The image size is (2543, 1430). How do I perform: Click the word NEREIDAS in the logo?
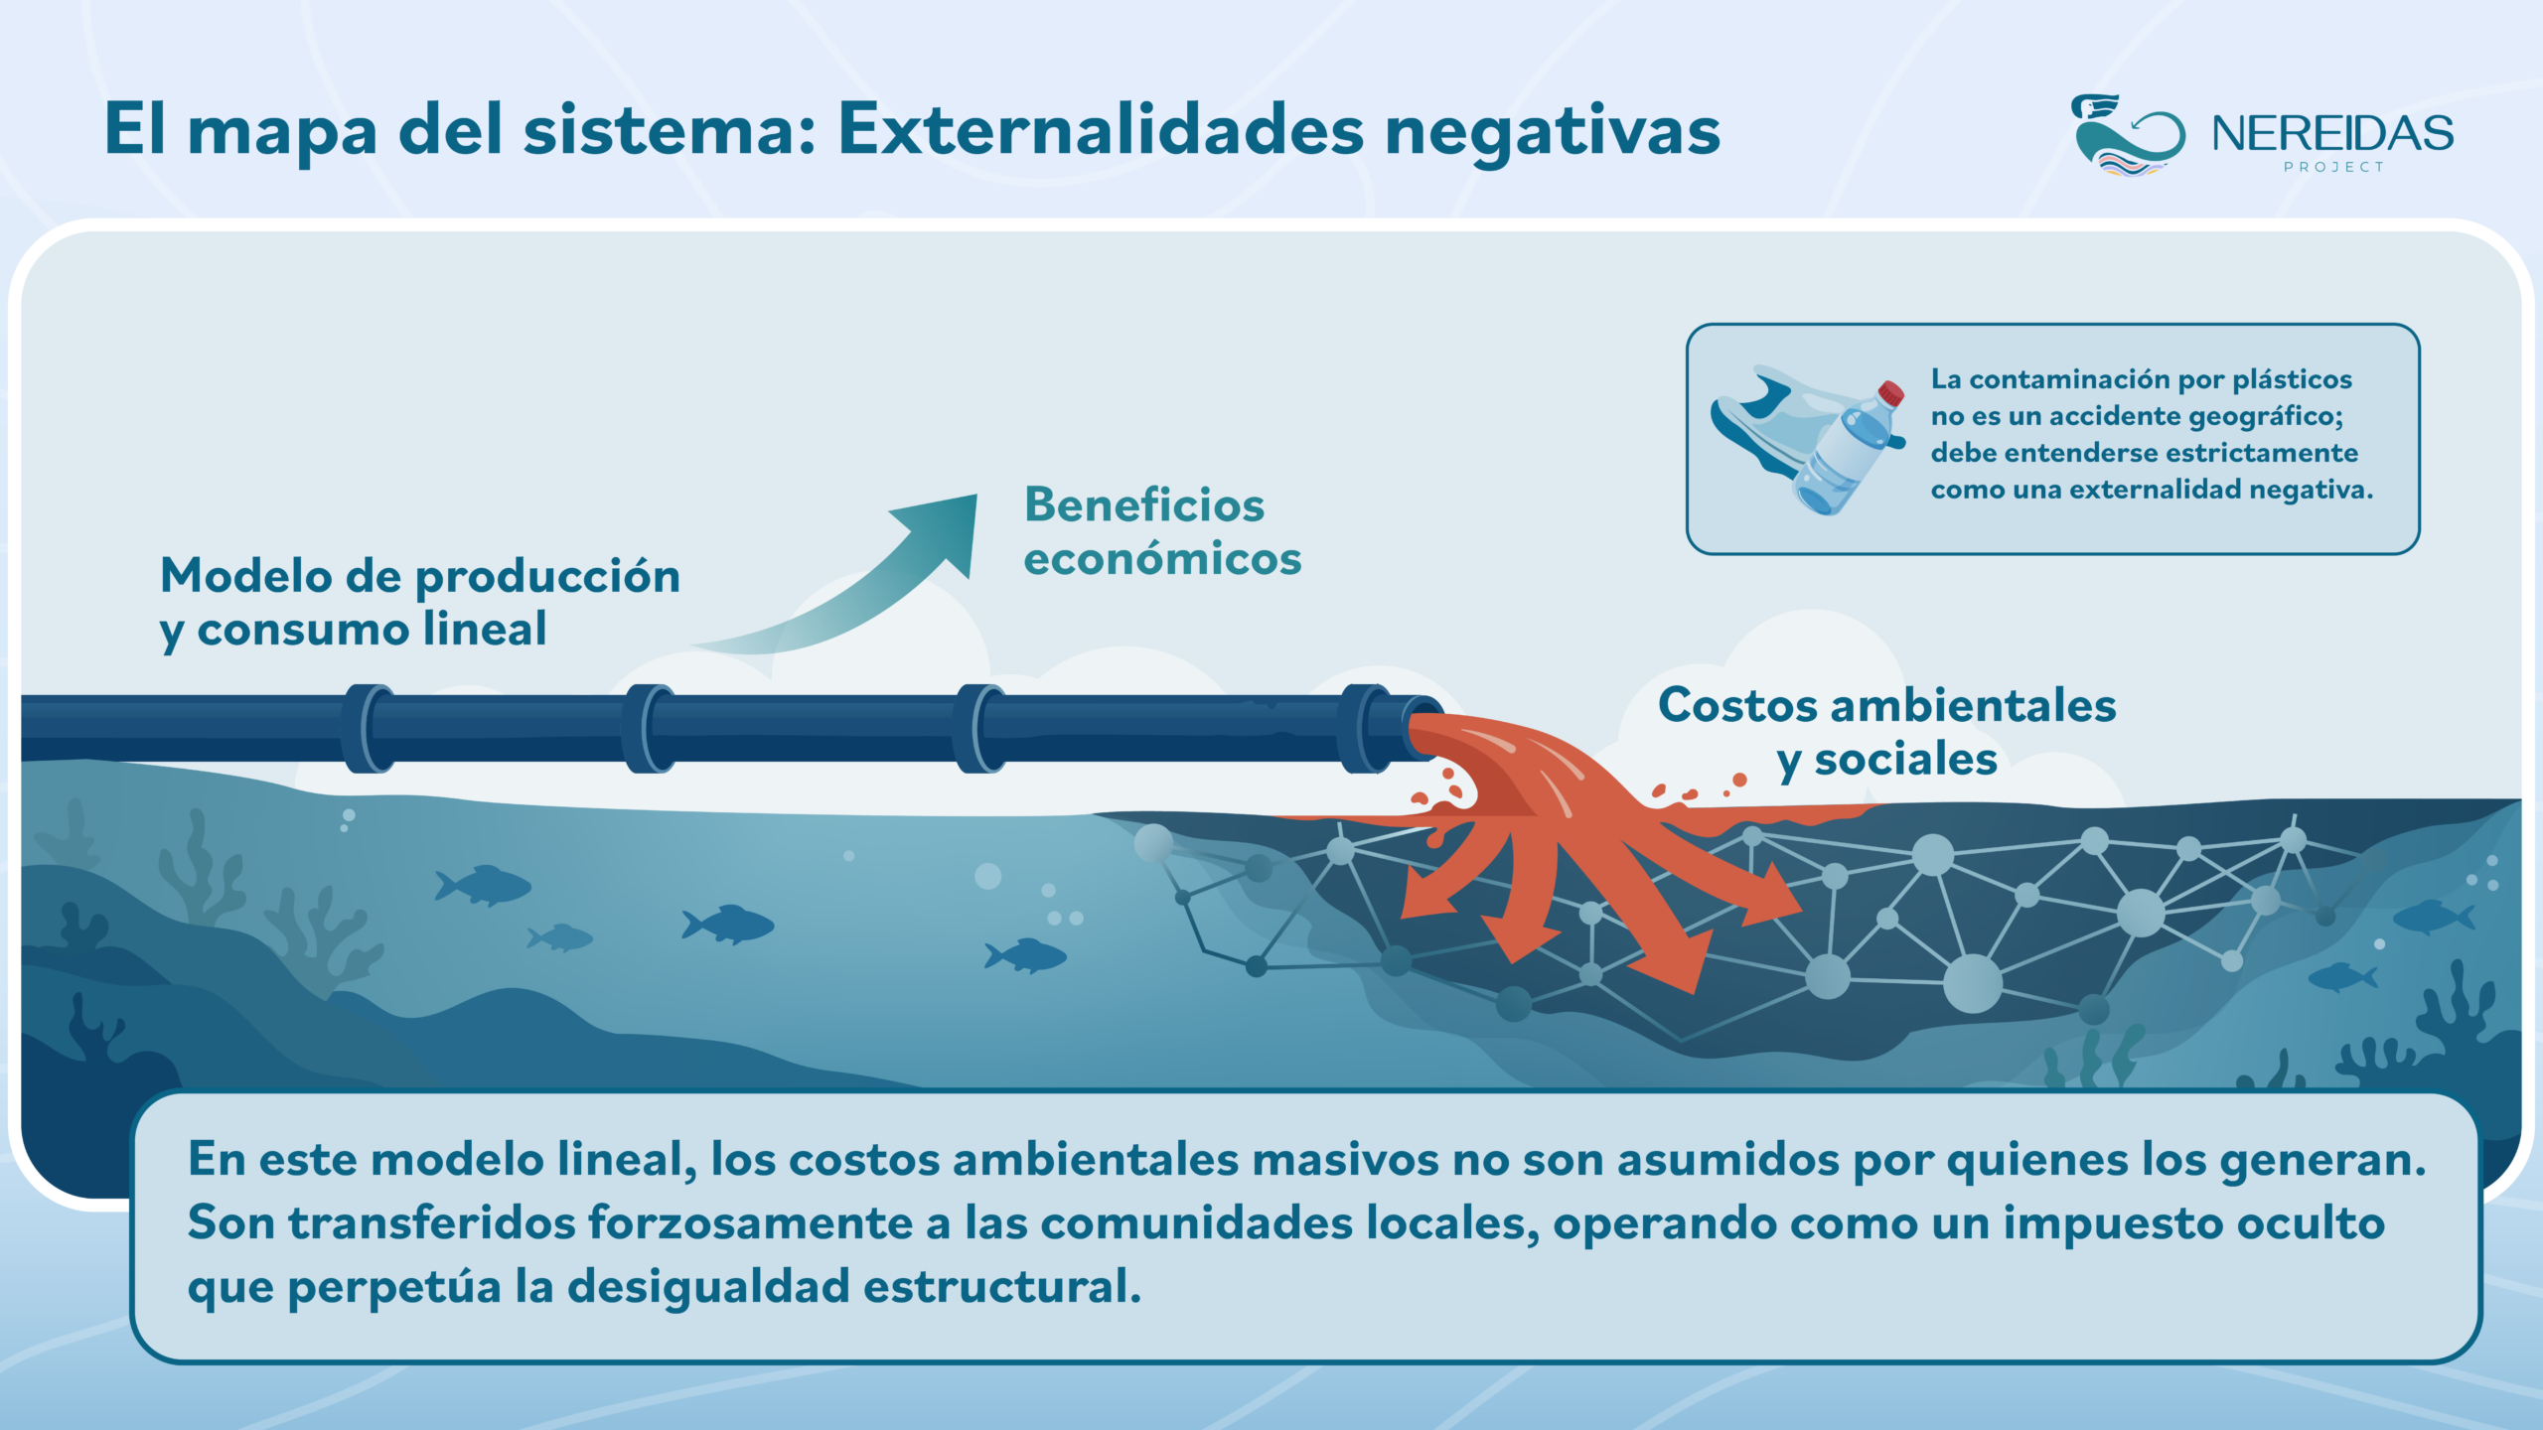(x=2332, y=133)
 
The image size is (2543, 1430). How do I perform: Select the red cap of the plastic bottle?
(x=1890, y=393)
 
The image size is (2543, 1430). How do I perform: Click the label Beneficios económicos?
(x=1162, y=531)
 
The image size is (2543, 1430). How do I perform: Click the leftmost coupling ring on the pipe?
(x=369, y=729)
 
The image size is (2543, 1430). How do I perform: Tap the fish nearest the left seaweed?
(x=483, y=885)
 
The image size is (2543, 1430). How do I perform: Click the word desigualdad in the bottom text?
(x=708, y=1286)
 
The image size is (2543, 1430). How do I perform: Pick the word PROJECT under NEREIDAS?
(x=2333, y=167)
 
